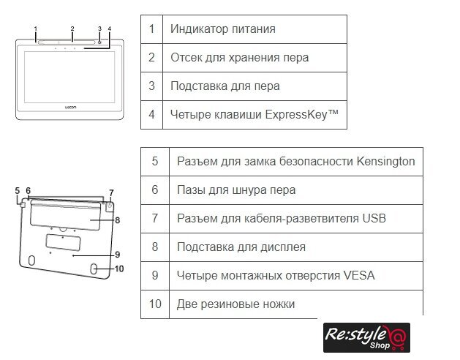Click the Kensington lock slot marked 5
click(23, 205)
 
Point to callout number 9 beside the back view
click(117, 254)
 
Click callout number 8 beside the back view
click(117, 220)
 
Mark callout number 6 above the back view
click(28, 191)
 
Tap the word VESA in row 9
click(358, 275)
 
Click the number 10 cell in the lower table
click(154, 304)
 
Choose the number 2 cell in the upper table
click(151, 57)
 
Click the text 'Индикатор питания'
click(222, 29)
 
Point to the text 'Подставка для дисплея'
click(241, 247)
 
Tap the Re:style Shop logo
click(366, 337)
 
